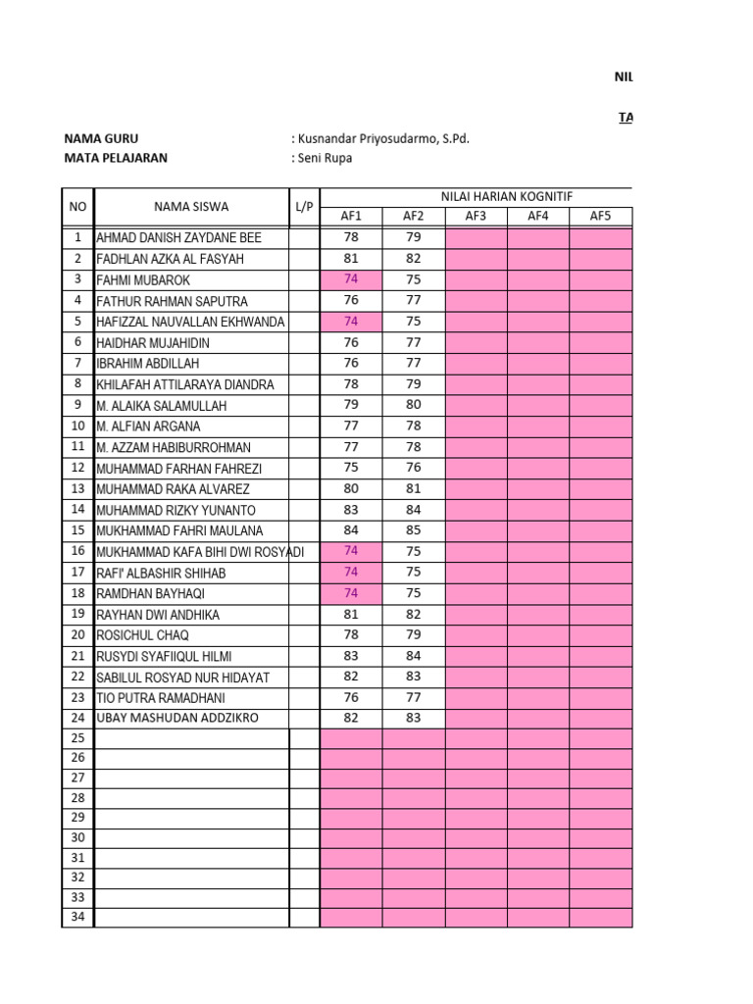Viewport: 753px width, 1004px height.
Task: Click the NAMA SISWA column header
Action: (191, 206)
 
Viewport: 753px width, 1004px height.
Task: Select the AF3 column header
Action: (476, 216)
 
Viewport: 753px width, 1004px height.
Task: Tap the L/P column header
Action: (304, 206)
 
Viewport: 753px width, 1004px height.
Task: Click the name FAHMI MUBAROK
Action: (144, 279)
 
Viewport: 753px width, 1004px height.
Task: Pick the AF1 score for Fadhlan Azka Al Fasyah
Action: (351, 259)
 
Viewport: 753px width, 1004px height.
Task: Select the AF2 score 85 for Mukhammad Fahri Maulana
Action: (413, 530)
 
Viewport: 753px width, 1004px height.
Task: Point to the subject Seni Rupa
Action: (324, 158)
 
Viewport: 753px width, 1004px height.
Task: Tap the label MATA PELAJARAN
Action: (116, 158)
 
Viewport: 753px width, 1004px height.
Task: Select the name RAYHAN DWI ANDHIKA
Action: (158, 615)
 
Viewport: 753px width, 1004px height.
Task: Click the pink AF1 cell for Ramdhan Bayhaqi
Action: (351, 593)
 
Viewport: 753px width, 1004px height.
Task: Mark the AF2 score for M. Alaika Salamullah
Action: (413, 405)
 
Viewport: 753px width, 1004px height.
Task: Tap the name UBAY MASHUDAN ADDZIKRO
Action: (177, 719)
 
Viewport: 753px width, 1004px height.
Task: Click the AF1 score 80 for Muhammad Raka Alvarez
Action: (351, 488)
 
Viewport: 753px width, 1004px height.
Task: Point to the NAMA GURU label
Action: (108, 138)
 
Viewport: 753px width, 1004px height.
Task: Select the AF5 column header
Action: (600, 216)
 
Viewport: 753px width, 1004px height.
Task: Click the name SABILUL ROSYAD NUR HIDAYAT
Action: (182, 678)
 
